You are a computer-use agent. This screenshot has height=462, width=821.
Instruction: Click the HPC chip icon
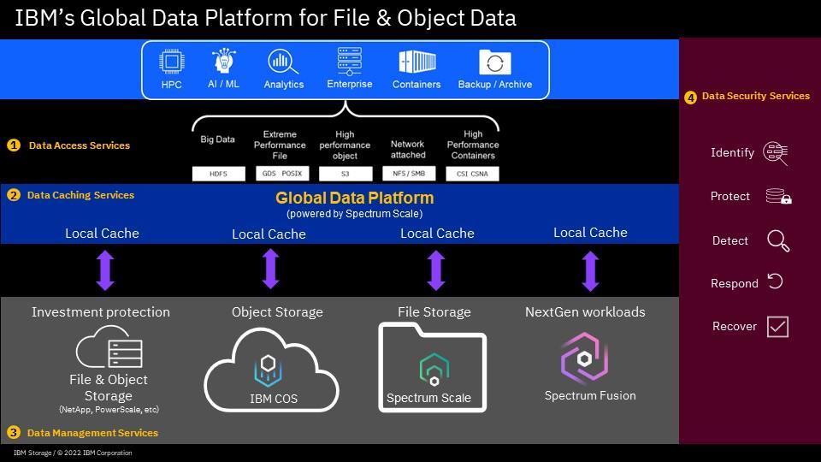(x=172, y=62)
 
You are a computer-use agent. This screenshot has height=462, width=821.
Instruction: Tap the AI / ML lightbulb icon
(x=223, y=62)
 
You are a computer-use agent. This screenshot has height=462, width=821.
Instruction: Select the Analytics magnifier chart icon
(x=282, y=62)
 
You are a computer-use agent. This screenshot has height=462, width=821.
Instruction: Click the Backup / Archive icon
(x=494, y=62)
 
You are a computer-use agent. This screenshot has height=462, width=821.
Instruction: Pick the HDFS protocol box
(x=218, y=174)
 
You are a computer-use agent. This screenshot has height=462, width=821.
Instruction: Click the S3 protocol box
(x=346, y=174)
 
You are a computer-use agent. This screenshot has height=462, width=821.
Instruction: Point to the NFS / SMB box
(x=408, y=174)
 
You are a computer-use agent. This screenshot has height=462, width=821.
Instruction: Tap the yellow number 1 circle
(x=13, y=145)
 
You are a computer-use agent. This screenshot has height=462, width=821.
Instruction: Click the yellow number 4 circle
(x=691, y=98)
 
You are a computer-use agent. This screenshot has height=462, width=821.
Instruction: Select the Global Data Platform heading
(x=354, y=198)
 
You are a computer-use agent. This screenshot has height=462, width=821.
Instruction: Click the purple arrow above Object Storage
(x=270, y=269)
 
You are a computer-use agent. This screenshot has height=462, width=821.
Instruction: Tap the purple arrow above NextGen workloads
(x=590, y=270)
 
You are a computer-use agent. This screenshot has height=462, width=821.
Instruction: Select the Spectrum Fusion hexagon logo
(x=584, y=359)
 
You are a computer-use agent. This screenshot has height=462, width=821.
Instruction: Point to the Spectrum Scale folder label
(x=428, y=398)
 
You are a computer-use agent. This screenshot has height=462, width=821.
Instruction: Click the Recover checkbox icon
(x=777, y=326)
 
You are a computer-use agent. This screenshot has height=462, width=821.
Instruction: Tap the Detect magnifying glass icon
(x=777, y=241)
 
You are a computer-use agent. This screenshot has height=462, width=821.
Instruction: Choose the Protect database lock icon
(x=778, y=197)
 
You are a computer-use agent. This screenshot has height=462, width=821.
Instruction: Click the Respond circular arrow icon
(x=776, y=281)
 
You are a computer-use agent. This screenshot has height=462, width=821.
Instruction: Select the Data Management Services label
(x=92, y=433)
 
